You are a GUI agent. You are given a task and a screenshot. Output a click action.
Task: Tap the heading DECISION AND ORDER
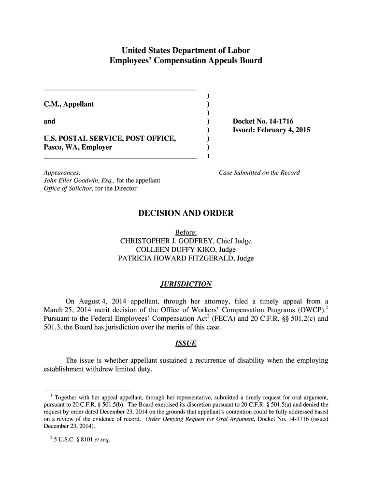(x=186, y=213)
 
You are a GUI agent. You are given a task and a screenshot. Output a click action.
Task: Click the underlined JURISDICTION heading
(x=186, y=284)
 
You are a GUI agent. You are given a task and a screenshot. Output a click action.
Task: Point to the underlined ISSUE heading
(x=186, y=343)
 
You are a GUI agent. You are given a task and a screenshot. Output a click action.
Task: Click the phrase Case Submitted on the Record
(x=259, y=172)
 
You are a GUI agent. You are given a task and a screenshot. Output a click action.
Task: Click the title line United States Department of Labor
(x=186, y=50)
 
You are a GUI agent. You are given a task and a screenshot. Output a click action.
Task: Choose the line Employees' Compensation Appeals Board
(x=186, y=61)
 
